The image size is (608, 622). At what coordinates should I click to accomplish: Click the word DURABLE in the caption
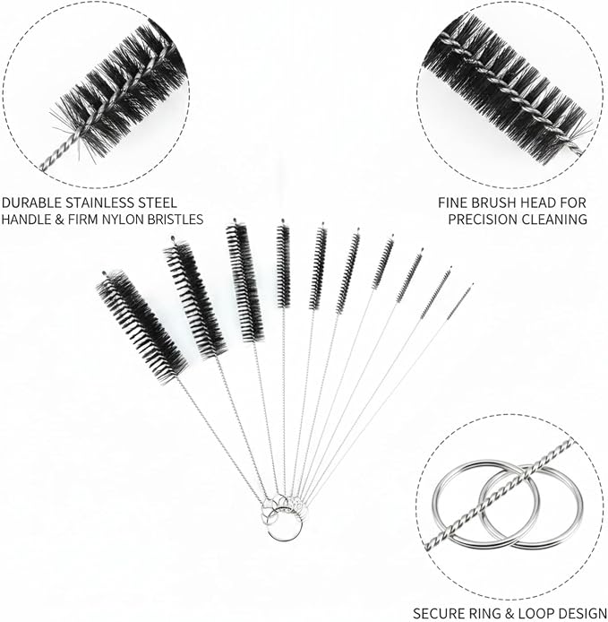pos(32,203)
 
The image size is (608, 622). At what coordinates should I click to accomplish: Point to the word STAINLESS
pos(99,203)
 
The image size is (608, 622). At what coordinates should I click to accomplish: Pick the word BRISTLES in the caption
pos(176,219)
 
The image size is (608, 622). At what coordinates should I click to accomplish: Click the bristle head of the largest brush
pos(141,327)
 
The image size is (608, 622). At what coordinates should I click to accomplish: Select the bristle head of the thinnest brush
pos(459,301)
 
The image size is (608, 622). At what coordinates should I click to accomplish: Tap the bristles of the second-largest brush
pos(195,298)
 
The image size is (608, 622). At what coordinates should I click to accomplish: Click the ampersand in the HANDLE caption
pos(59,219)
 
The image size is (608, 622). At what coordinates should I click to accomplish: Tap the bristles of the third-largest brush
pos(245,281)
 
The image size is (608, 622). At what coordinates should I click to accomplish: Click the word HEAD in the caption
pos(537,203)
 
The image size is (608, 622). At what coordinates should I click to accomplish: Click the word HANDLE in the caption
pos(26,219)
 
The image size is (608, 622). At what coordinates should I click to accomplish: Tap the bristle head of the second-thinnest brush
pos(435,293)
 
